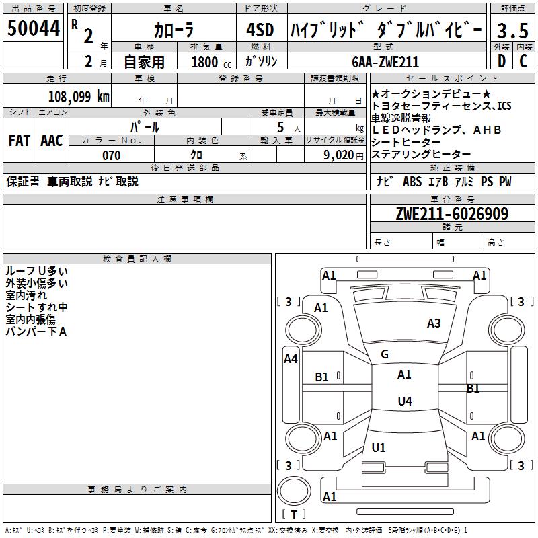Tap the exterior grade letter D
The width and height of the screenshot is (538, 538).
pyautogui.click(x=501, y=61)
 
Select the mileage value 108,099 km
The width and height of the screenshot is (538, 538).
pyautogui.click(x=79, y=96)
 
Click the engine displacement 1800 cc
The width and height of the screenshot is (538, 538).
pyautogui.click(x=208, y=62)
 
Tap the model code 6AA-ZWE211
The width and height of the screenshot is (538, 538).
pyautogui.click(x=386, y=62)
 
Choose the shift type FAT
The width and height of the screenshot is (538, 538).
pyautogui.click(x=19, y=141)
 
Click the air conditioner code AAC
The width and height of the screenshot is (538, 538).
pyautogui.click(x=52, y=141)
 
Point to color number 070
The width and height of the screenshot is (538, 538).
pyautogui.click(x=111, y=155)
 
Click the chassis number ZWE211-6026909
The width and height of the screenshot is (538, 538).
pyautogui.click(x=452, y=214)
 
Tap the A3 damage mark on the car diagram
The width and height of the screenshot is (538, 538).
pyautogui.click(x=434, y=323)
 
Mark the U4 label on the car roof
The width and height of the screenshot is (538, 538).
pyautogui.click(x=404, y=401)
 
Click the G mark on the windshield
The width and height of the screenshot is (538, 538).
pyautogui.click(x=385, y=354)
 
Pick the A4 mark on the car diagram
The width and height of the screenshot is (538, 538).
pyautogui.click(x=291, y=359)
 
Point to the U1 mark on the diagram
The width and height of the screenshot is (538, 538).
pyautogui.click(x=379, y=447)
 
